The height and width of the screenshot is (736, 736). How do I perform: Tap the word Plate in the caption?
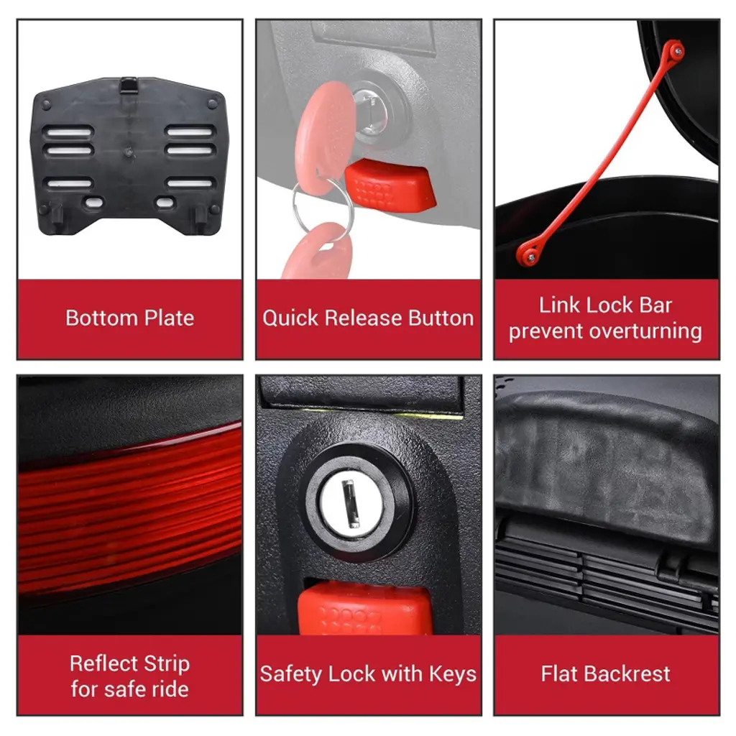click(169, 318)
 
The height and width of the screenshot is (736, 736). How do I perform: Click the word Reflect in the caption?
click(103, 663)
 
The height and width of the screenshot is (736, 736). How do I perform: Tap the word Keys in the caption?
click(453, 674)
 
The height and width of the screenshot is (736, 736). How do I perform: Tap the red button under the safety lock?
click(364, 609)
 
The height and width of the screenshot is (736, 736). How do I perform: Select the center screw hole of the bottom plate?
click(128, 152)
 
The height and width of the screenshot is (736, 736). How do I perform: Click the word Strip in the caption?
click(167, 663)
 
